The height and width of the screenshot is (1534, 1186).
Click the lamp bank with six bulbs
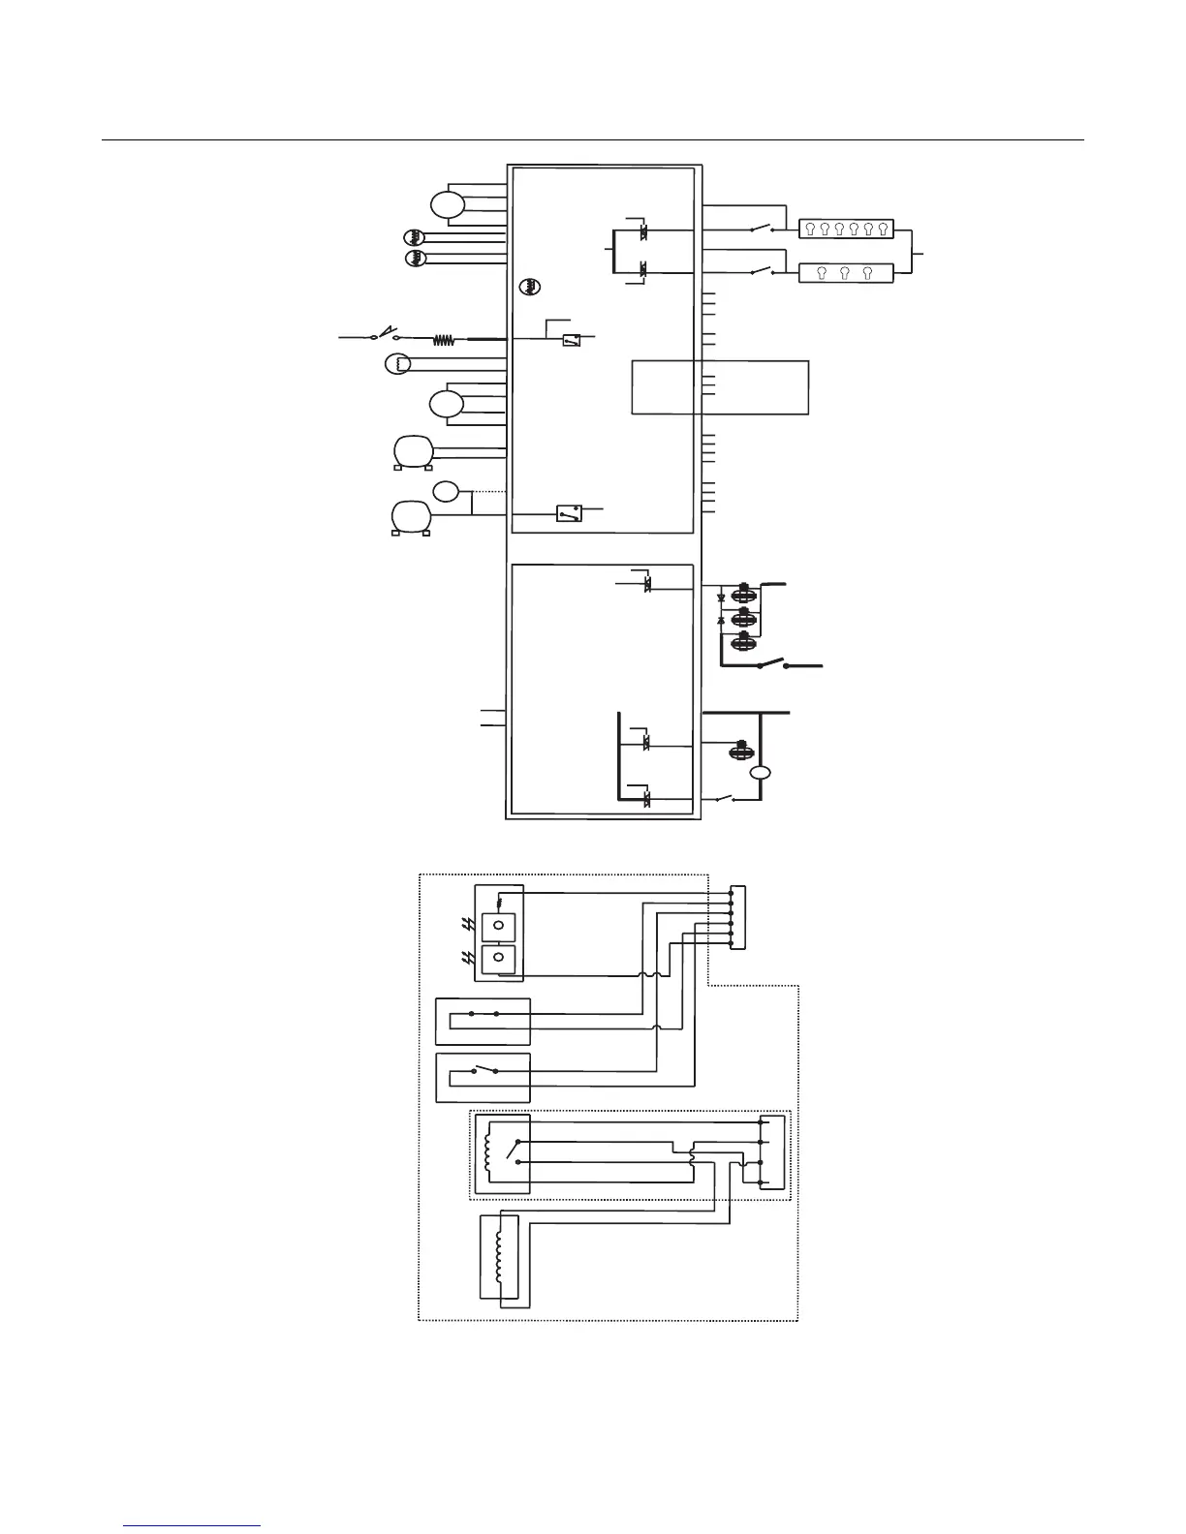[x=845, y=230]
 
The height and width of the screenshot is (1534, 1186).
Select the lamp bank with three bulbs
[x=845, y=273]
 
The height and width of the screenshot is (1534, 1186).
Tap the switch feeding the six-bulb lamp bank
[x=762, y=230]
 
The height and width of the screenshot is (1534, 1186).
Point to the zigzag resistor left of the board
[x=444, y=340]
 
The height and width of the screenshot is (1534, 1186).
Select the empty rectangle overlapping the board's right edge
[x=720, y=387]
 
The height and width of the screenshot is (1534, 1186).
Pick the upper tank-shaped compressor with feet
[x=412, y=452]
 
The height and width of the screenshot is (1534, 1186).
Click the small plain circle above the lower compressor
[x=446, y=492]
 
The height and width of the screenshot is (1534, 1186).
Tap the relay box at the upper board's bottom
[x=569, y=513]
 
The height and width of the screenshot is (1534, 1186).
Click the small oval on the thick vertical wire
[x=761, y=773]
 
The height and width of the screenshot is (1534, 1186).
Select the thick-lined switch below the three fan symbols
[x=772, y=665]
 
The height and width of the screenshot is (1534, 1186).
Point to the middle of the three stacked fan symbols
[x=743, y=617]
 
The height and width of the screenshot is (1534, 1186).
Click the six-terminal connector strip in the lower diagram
[x=738, y=918]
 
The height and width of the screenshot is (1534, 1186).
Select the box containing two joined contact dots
[x=484, y=1022]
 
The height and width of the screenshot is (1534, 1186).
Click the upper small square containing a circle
[x=498, y=926]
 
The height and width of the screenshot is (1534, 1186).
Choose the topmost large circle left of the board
[x=447, y=205]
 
